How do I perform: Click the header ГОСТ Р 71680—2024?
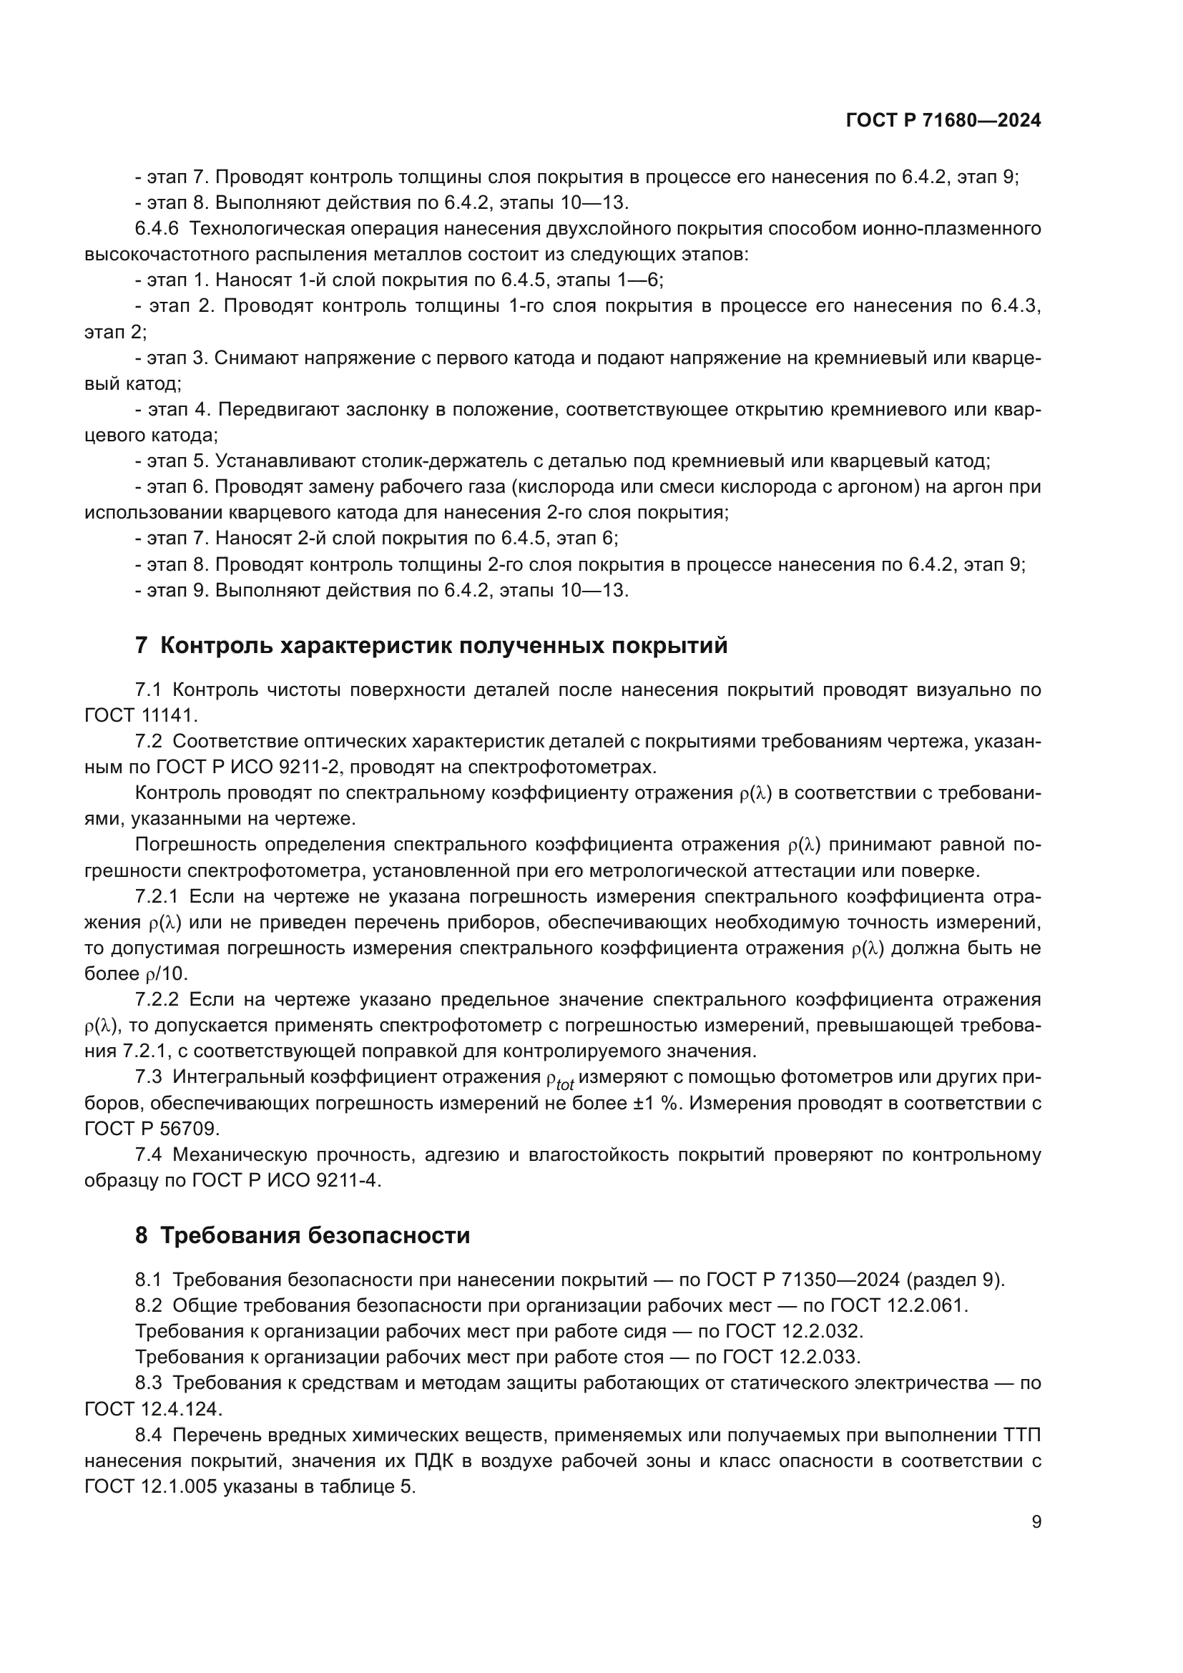click(x=943, y=121)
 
